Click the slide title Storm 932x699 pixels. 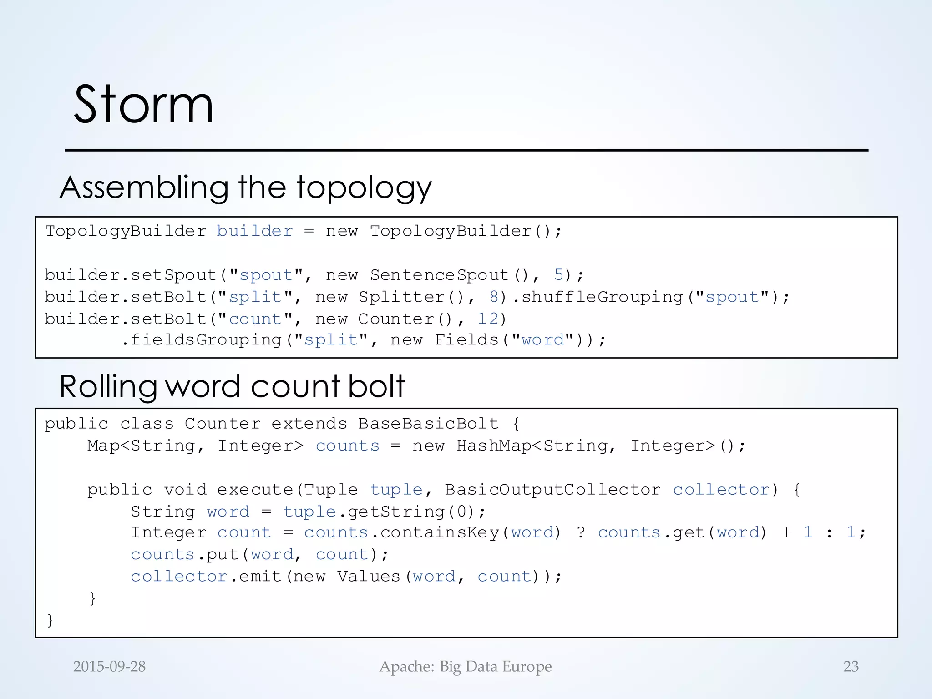(x=143, y=105)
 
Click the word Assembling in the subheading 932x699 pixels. (x=144, y=187)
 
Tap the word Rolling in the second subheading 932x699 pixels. (x=107, y=387)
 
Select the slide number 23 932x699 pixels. (x=851, y=666)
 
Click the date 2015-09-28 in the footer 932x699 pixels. (x=109, y=666)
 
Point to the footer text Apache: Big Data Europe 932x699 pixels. (x=466, y=666)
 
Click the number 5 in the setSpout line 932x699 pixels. (x=559, y=275)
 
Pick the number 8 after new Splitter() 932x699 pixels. (x=494, y=297)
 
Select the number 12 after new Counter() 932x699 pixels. (x=488, y=319)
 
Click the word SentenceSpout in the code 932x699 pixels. (x=439, y=275)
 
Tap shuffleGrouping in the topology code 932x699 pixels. (x=602, y=297)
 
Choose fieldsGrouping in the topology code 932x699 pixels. (x=206, y=340)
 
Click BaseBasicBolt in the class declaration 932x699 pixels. (x=428, y=424)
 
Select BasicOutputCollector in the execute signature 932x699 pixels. (x=552, y=490)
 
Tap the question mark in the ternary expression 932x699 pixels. (x=581, y=532)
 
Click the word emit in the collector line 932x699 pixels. (x=260, y=577)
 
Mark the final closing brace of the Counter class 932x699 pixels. (x=50, y=620)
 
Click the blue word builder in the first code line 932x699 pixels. (x=254, y=231)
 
